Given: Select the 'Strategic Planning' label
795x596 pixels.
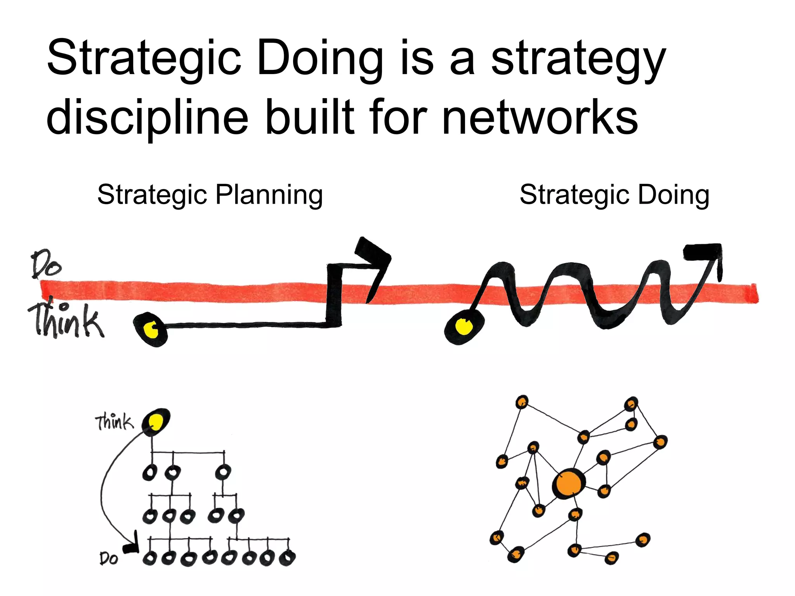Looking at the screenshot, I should point(210,194).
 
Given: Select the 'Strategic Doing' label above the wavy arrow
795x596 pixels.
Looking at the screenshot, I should point(614,194).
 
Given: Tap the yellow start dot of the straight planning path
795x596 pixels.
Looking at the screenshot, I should point(151,329).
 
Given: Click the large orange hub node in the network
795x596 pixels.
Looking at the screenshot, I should point(569,483).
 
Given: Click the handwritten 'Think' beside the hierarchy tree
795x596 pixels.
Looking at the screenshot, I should point(115,422).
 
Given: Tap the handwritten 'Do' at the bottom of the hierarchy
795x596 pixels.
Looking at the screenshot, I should point(109,558).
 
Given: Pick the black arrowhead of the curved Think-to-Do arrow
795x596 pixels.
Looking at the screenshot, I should point(131,546).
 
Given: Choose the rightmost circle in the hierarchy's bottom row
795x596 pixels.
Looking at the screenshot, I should point(288,558).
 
